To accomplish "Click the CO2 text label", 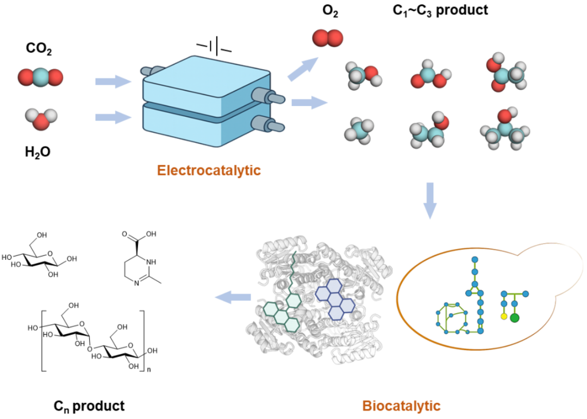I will click(40, 49).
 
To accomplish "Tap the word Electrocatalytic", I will click(209, 171).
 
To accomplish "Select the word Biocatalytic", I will click(401, 405).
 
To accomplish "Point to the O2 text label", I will click(329, 10).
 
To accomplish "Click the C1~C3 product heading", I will click(440, 10).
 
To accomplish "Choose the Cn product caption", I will click(89, 405).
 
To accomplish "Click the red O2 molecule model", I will click(327, 37).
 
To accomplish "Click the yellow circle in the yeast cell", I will click(504, 315).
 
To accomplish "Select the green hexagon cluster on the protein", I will click(283, 311).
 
